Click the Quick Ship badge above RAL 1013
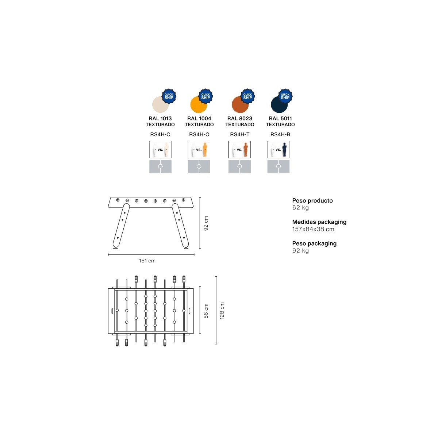tap(169, 96)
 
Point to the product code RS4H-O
tap(199, 134)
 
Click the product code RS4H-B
tap(280, 134)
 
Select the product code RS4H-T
tap(239, 134)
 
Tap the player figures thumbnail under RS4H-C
tap(160, 150)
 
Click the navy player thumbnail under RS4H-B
tap(278, 150)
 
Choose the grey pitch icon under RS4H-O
tap(199, 166)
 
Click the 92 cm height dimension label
tap(206, 223)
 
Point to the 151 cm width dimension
tap(147, 261)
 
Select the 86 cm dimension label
tap(206, 311)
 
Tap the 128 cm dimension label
tap(222, 311)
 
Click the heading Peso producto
tap(312, 200)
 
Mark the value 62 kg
tap(300, 208)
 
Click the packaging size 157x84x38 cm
tap(313, 229)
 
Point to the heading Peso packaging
tap(314, 243)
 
